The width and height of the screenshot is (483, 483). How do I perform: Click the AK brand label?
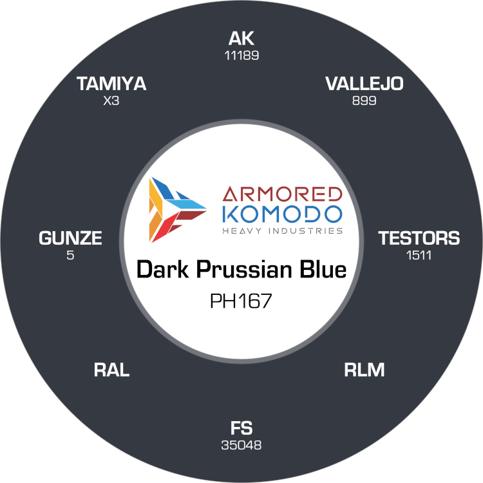[x=241, y=39]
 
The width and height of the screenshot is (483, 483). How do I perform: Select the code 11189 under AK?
[x=241, y=55]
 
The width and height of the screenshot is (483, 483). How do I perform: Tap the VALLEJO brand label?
[x=365, y=84]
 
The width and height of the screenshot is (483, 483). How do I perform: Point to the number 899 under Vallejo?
[x=365, y=101]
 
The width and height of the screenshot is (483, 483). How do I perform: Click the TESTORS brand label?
[x=419, y=238]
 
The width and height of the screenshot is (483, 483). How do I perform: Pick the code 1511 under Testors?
[x=419, y=255]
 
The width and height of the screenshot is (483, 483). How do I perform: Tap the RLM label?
[x=365, y=370]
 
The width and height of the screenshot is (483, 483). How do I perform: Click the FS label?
[x=241, y=428]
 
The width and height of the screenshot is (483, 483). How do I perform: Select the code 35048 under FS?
[x=241, y=445]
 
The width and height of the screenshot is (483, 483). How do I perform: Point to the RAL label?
[x=111, y=370]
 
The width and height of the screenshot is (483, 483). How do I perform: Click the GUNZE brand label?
[x=71, y=238]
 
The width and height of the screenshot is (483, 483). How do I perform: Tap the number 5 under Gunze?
[x=71, y=255]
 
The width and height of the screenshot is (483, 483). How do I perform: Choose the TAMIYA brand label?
[x=111, y=84]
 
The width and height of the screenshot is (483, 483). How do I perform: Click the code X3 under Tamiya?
[x=111, y=101]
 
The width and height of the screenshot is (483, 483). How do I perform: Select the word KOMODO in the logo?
[x=280, y=213]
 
